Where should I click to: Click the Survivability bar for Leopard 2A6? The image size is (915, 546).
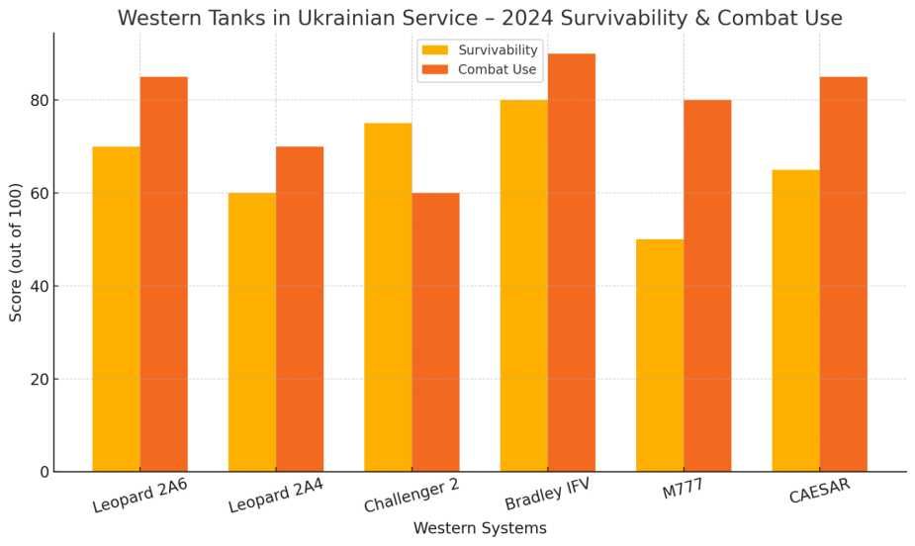[x=116, y=309]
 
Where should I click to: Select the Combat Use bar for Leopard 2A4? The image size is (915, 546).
[x=300, y=309]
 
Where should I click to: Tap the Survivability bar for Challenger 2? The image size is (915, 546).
[x=388, y=297]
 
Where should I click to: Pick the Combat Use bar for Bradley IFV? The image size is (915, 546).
[x=572, y=262]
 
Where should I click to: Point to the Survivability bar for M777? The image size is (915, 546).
[x=660, y=355]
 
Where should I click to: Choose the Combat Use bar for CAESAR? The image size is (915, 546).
[x=844, y=274]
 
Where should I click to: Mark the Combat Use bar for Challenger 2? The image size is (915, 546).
[x=435, y=332]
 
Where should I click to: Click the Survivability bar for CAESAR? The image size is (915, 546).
[x=796, y=320]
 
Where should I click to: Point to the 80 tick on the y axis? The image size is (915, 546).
[x=39, y=100]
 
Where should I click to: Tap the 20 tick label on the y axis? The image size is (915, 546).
[x=39, y=379]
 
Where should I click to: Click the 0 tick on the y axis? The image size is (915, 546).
[x=45, y=472]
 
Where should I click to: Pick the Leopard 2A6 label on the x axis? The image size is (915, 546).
[x=139, y=497]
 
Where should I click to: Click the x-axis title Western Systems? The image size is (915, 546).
[x=480, y=528]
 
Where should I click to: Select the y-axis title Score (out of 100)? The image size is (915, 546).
[x=16, y=251]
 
